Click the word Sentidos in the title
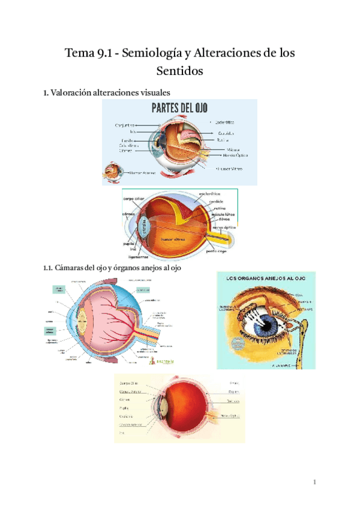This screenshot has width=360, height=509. pos(180,71)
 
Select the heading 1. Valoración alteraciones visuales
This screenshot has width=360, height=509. pos(107,92)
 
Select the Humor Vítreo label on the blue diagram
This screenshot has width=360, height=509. pos(228,169)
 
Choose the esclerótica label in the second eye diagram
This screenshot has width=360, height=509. pos(210,194)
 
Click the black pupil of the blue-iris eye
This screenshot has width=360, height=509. pos(262,328)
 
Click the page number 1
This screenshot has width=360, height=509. pos(314,482)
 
